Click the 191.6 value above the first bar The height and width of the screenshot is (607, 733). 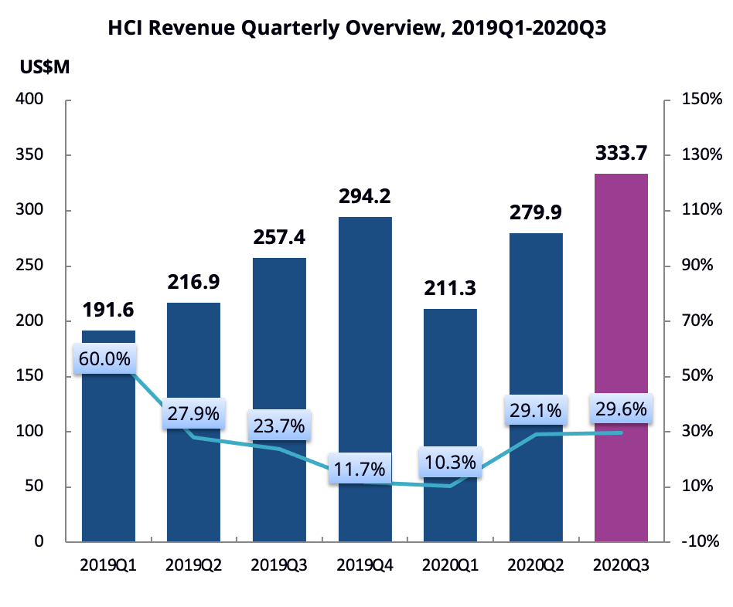[x=108, y=310]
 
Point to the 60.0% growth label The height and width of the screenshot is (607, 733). [x=104, y=358]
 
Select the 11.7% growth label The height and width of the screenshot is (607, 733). [x=361, y=468]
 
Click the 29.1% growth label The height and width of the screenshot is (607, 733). [x=534, y=410]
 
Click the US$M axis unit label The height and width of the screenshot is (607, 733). [x=45, y=67]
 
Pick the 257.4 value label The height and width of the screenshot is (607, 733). [x=279, y=239]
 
